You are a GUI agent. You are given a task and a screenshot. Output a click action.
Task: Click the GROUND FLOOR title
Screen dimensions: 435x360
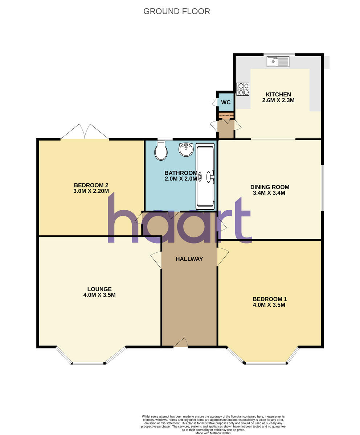[176, 11]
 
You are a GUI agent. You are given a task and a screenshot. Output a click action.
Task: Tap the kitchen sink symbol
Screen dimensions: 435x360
[278, 62]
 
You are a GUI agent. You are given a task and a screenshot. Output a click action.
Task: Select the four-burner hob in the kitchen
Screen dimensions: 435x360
[243, 89]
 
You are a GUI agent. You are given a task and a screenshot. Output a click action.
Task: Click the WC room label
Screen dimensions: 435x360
[226, 103]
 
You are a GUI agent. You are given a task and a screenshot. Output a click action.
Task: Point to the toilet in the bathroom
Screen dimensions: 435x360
[161, 150]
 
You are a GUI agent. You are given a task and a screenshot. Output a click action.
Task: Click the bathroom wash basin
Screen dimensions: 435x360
[186, 149]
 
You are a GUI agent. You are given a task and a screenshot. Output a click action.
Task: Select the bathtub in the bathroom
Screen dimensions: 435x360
[205, 176]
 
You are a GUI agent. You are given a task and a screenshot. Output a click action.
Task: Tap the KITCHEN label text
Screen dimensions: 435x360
[278, 95]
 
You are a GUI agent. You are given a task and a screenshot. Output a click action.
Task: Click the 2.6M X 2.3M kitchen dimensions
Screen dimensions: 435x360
[278, 100]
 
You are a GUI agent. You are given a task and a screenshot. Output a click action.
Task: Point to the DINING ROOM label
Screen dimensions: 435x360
[270, 187]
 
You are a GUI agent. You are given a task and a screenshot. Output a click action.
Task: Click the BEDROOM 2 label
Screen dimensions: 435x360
[91, 185]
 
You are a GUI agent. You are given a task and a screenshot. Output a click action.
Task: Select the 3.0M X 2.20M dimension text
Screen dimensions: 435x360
[91, 191]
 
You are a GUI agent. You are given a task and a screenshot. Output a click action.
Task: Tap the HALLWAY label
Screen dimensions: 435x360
[189, 259]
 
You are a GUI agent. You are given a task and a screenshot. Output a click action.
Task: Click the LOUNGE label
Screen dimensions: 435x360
[99, 289]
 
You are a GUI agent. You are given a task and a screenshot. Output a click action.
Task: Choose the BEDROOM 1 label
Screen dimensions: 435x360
[270, 299]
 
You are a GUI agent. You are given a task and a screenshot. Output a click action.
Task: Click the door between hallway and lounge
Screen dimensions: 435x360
[157, 260]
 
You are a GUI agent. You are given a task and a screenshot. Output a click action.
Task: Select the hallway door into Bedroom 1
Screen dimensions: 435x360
[222, 257]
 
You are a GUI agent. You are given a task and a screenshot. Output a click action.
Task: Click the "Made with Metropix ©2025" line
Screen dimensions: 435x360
[213, 433]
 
